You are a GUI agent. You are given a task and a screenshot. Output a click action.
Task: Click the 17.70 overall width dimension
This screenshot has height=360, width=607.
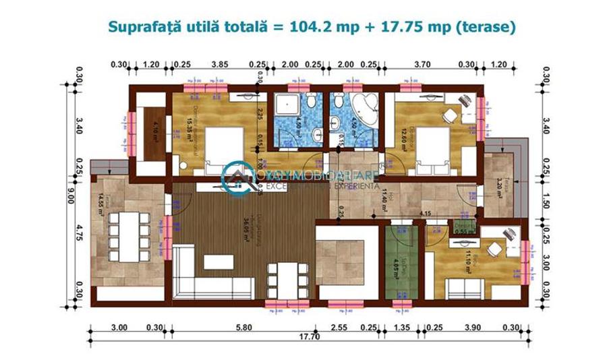coord(310,338)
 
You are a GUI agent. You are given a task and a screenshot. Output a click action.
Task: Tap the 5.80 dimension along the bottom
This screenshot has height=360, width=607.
coord(244,328)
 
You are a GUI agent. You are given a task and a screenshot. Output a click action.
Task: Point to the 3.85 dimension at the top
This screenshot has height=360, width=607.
coord(220,65)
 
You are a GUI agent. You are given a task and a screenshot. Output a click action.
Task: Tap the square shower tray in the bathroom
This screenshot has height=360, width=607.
coord(285,107)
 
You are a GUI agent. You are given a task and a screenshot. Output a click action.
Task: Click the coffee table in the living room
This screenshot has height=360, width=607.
coord(219,262)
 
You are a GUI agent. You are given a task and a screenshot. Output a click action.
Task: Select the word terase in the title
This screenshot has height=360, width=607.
coord(490,26)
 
